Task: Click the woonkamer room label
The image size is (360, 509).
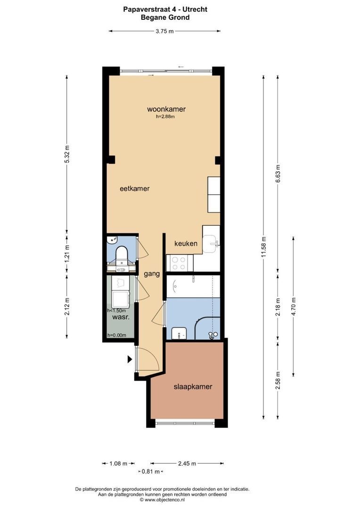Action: coord(166,109)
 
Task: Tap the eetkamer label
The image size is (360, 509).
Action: coord(135,189)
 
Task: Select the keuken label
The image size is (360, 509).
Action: coord(186,244)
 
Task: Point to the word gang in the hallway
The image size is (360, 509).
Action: coord(152,274)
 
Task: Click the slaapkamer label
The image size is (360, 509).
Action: coord(193,386)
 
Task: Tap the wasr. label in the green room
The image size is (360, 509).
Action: coord(121,317)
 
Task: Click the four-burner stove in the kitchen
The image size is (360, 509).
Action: coord(180,263)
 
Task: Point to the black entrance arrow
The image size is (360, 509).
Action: coord(130,359)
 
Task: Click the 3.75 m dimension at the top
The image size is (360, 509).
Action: coord(164,31)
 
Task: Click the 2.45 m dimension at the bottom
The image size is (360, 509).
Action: coord(187,464)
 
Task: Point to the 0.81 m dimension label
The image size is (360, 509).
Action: coord(151,471)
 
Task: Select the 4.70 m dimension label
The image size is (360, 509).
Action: coord(294,306)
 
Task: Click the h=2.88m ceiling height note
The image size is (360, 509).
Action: coord(165,116)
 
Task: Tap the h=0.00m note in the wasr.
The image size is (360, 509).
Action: coord(117,336)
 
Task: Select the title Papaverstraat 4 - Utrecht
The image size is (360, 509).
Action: coord(165,10)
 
